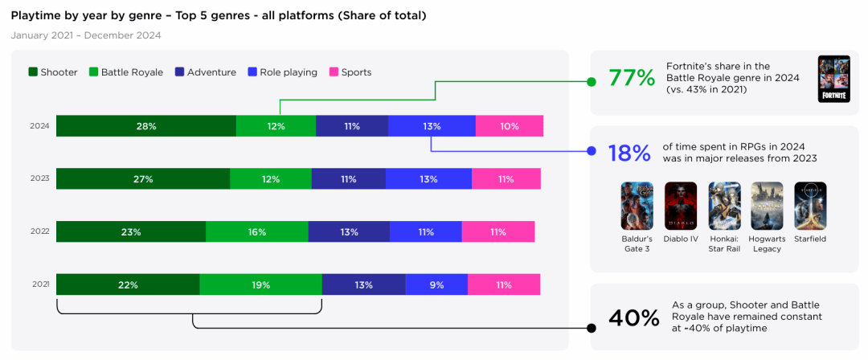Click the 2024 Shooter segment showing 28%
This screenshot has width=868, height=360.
click(146, 126)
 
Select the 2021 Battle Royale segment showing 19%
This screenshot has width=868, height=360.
click(260, 284)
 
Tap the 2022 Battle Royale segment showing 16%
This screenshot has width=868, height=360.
click(256, 231)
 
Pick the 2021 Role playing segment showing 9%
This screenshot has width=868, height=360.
click(436, 284)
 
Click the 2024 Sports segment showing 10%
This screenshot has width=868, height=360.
click(509, 126)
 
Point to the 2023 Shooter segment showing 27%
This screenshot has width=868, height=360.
click(143, 179)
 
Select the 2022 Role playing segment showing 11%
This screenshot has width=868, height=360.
click(425, 231)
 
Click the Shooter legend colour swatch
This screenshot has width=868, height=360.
click(33, 72)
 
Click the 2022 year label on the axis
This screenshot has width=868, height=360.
click(39, 231)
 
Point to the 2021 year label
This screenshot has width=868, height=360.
click(39, 284)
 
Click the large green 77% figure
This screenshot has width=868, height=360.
click(632, 78)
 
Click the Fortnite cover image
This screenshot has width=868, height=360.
click(833, 79)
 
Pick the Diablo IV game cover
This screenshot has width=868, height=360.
click(681, 207)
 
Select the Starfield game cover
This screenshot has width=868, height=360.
click(810, 207)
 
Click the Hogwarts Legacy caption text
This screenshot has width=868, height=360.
click(767, 243)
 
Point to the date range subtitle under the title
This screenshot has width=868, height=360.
click(86, 35)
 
